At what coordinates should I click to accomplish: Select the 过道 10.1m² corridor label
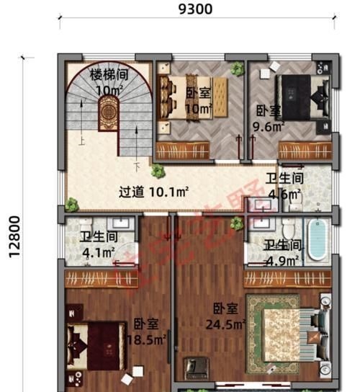point(153,192)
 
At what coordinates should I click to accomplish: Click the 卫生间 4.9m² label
point(282,252)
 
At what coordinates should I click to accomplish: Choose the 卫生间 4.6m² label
point(284,185)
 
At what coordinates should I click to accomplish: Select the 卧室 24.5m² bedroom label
point(228,316)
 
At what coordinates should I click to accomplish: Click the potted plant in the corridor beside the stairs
point(156,171)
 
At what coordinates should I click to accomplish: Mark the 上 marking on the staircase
point(82,142)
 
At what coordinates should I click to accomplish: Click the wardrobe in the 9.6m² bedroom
point(305,151)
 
